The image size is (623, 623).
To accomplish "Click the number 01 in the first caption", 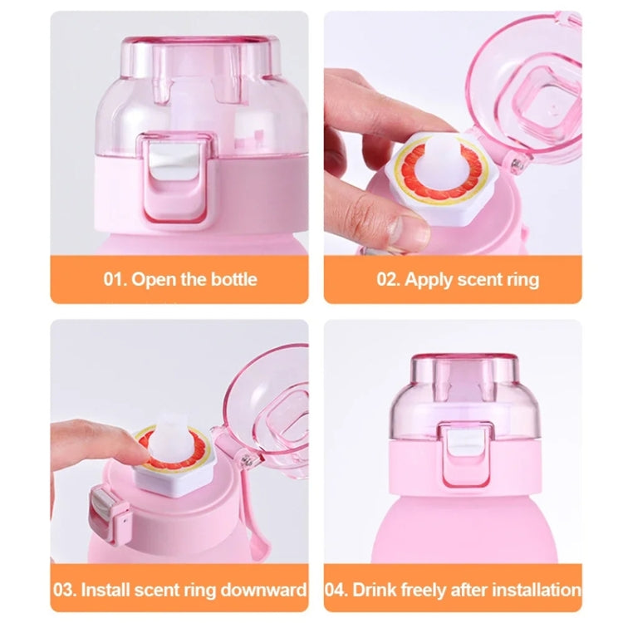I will [115, 279].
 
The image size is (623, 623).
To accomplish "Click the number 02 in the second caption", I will [388, 279].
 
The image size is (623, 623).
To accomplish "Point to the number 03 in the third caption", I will [65, 591].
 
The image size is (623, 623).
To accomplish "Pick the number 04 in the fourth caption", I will [337, 591].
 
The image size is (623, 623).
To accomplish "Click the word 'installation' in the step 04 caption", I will [532, 591].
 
